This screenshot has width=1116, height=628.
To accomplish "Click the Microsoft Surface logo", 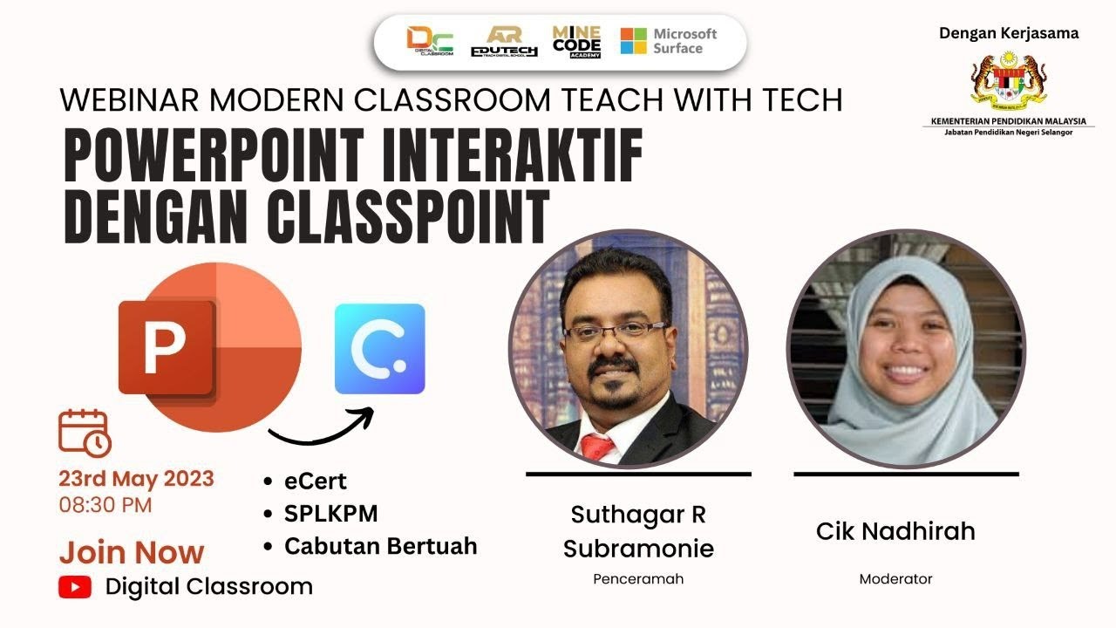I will (668, 41).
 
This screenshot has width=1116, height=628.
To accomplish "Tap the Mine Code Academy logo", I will (576, 41).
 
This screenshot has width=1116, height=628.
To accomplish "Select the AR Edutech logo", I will (504, 41).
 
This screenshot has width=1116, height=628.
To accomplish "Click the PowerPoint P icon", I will (166, 348).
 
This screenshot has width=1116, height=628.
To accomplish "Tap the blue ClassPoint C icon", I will (379, 349).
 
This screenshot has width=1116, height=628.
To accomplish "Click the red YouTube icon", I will (75, 587).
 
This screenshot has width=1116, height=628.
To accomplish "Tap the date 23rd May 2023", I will (136, 479).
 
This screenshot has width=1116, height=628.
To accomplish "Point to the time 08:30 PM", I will (105, 504).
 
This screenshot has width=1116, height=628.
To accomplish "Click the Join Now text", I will (132, 552).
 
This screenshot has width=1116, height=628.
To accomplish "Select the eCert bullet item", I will (315, 481).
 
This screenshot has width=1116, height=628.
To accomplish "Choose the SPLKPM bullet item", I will (330, 514).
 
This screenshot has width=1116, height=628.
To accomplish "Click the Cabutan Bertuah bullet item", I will (380, 547).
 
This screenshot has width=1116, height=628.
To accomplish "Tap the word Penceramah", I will (638, 579).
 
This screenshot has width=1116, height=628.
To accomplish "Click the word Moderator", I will (895, 579).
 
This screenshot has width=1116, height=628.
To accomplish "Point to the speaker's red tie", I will (597, 447).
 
